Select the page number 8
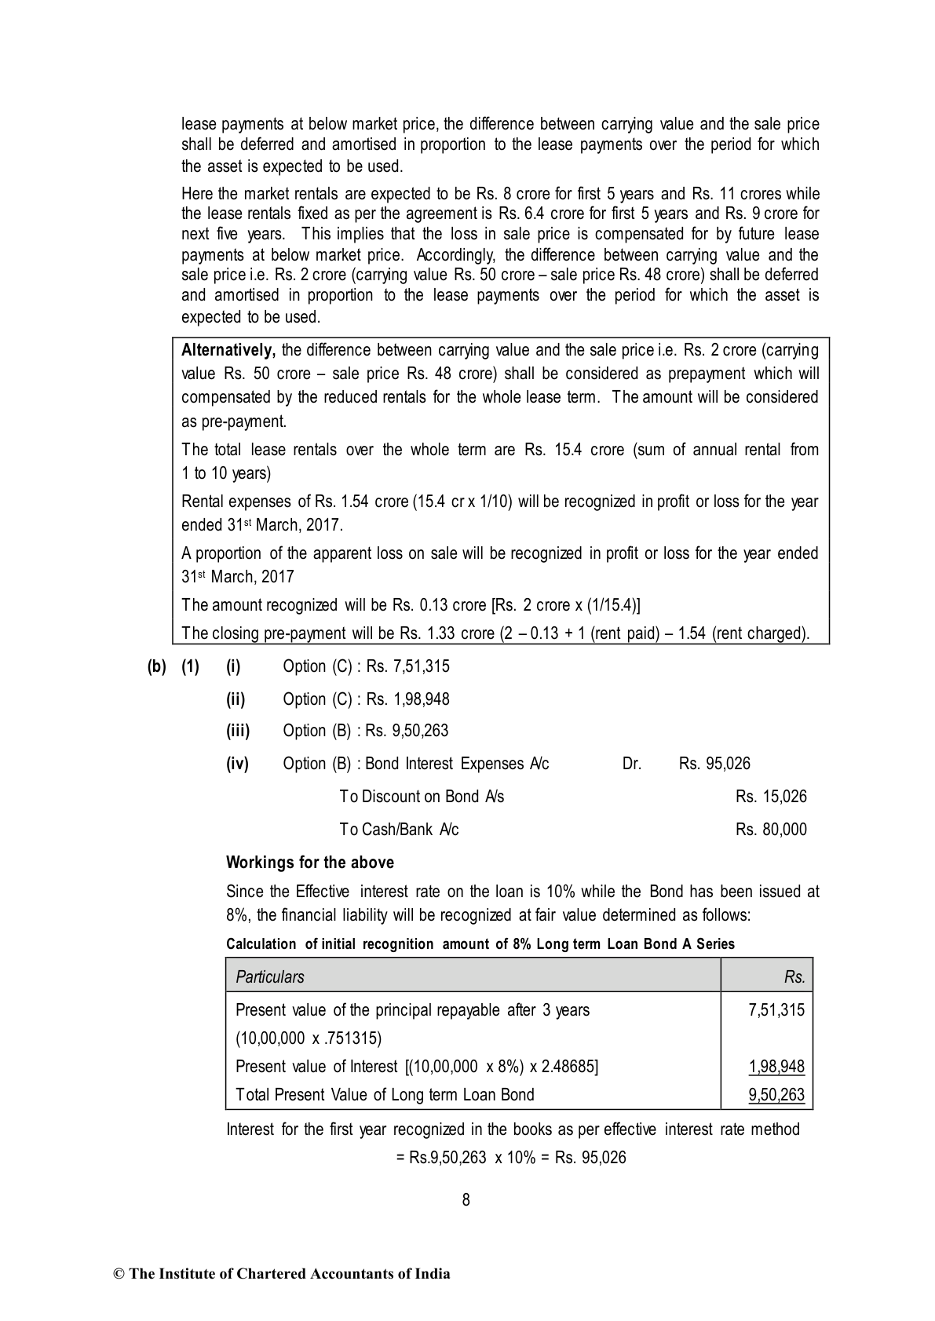pos(466,1199)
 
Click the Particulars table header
pos(270,976)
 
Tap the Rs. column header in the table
pos(794,976)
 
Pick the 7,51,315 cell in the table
pos(776,1010)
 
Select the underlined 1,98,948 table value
pos(776,1067)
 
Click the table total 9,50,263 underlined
pos(776,1095)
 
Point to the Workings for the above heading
pos(310,863)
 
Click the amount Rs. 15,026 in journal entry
pos(771,797)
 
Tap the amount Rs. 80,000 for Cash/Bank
pos(771,830)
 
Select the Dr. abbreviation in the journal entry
pos(632,764)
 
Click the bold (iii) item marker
pos(238,731)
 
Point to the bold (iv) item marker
pos(237,764)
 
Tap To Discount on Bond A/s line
pos(422,797)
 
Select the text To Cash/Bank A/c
pos(399,830)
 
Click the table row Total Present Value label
pos(385,1095)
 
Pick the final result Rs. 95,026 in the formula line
pos(590,1158)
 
